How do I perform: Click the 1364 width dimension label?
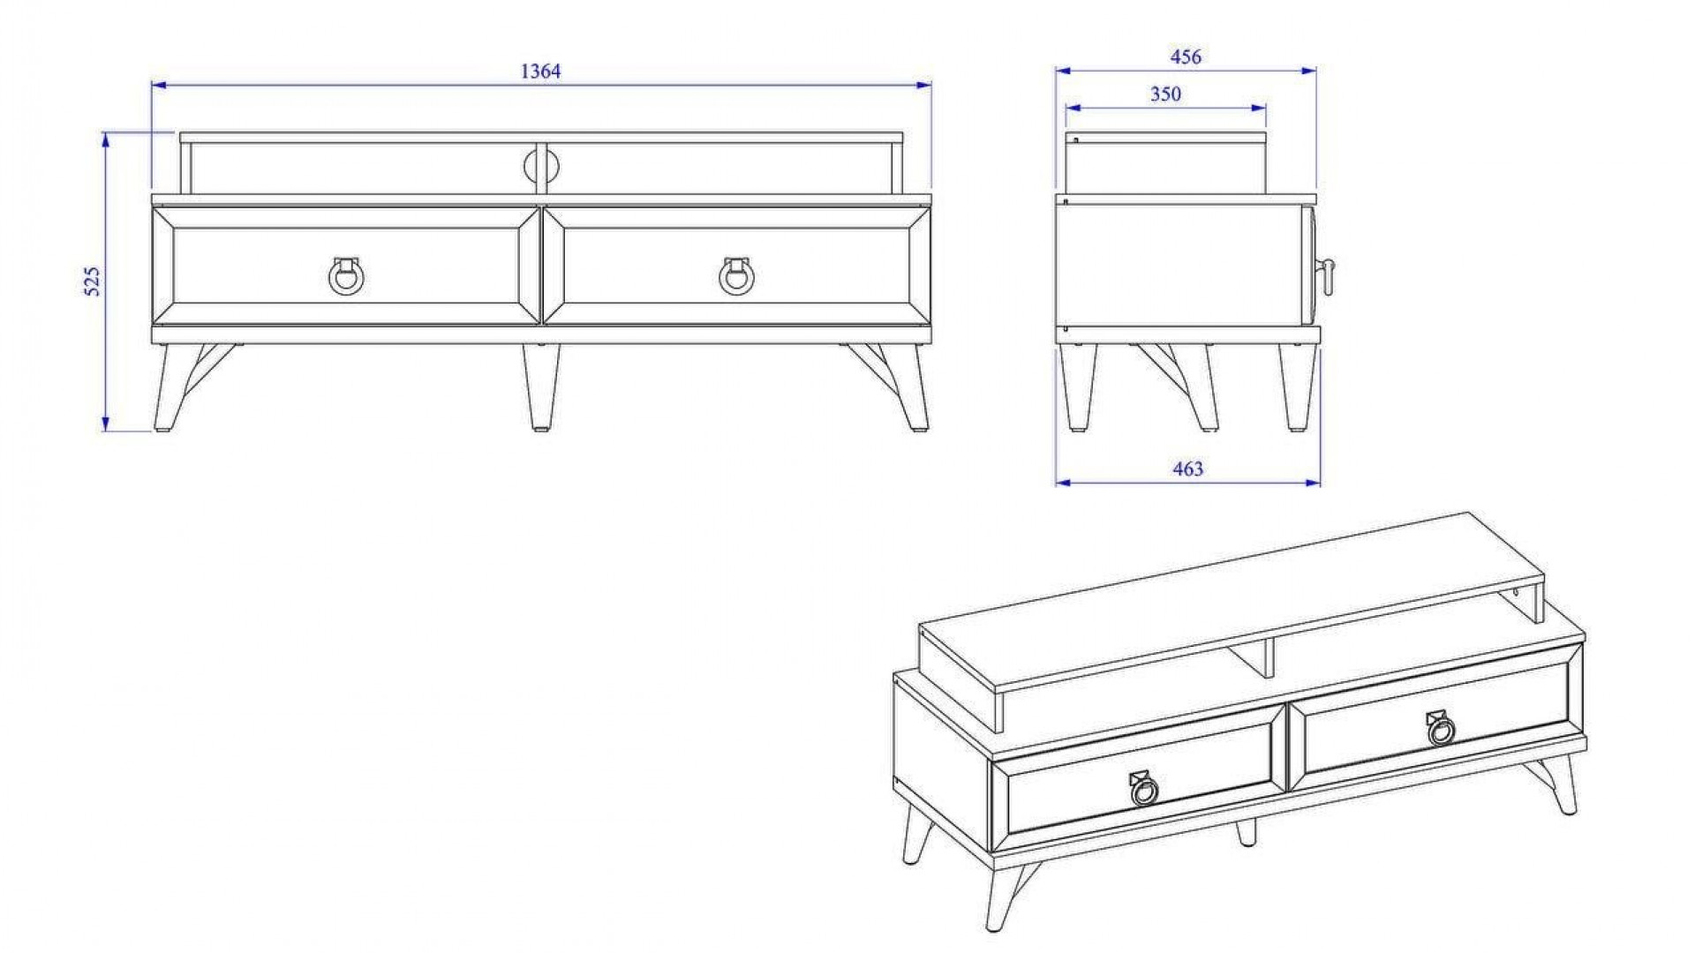pyautogui.click(x=540, y=71)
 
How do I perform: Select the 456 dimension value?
pyautogui.click(x=1186, y=56)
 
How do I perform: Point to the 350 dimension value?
pyautogui.click(x=1165, y=94)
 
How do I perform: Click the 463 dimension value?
pyautogui.click(x=1187, y=469)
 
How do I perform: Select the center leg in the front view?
pyautogui.click(x=540, y=386)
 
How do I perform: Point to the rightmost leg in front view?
pyautogui.click(x=909, y=386)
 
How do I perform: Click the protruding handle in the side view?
pyautogui.click(x=1325, y=279)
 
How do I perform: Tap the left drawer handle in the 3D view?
pyautogui.click(x=1143, y=788)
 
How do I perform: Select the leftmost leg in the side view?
pyautogui.click(x=1078, y=386)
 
